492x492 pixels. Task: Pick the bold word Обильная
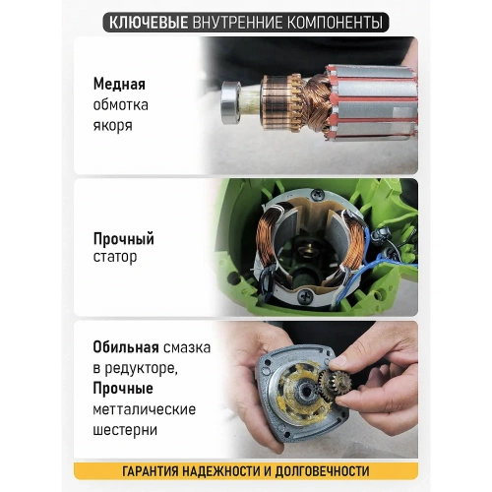click(x=127, y=347)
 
